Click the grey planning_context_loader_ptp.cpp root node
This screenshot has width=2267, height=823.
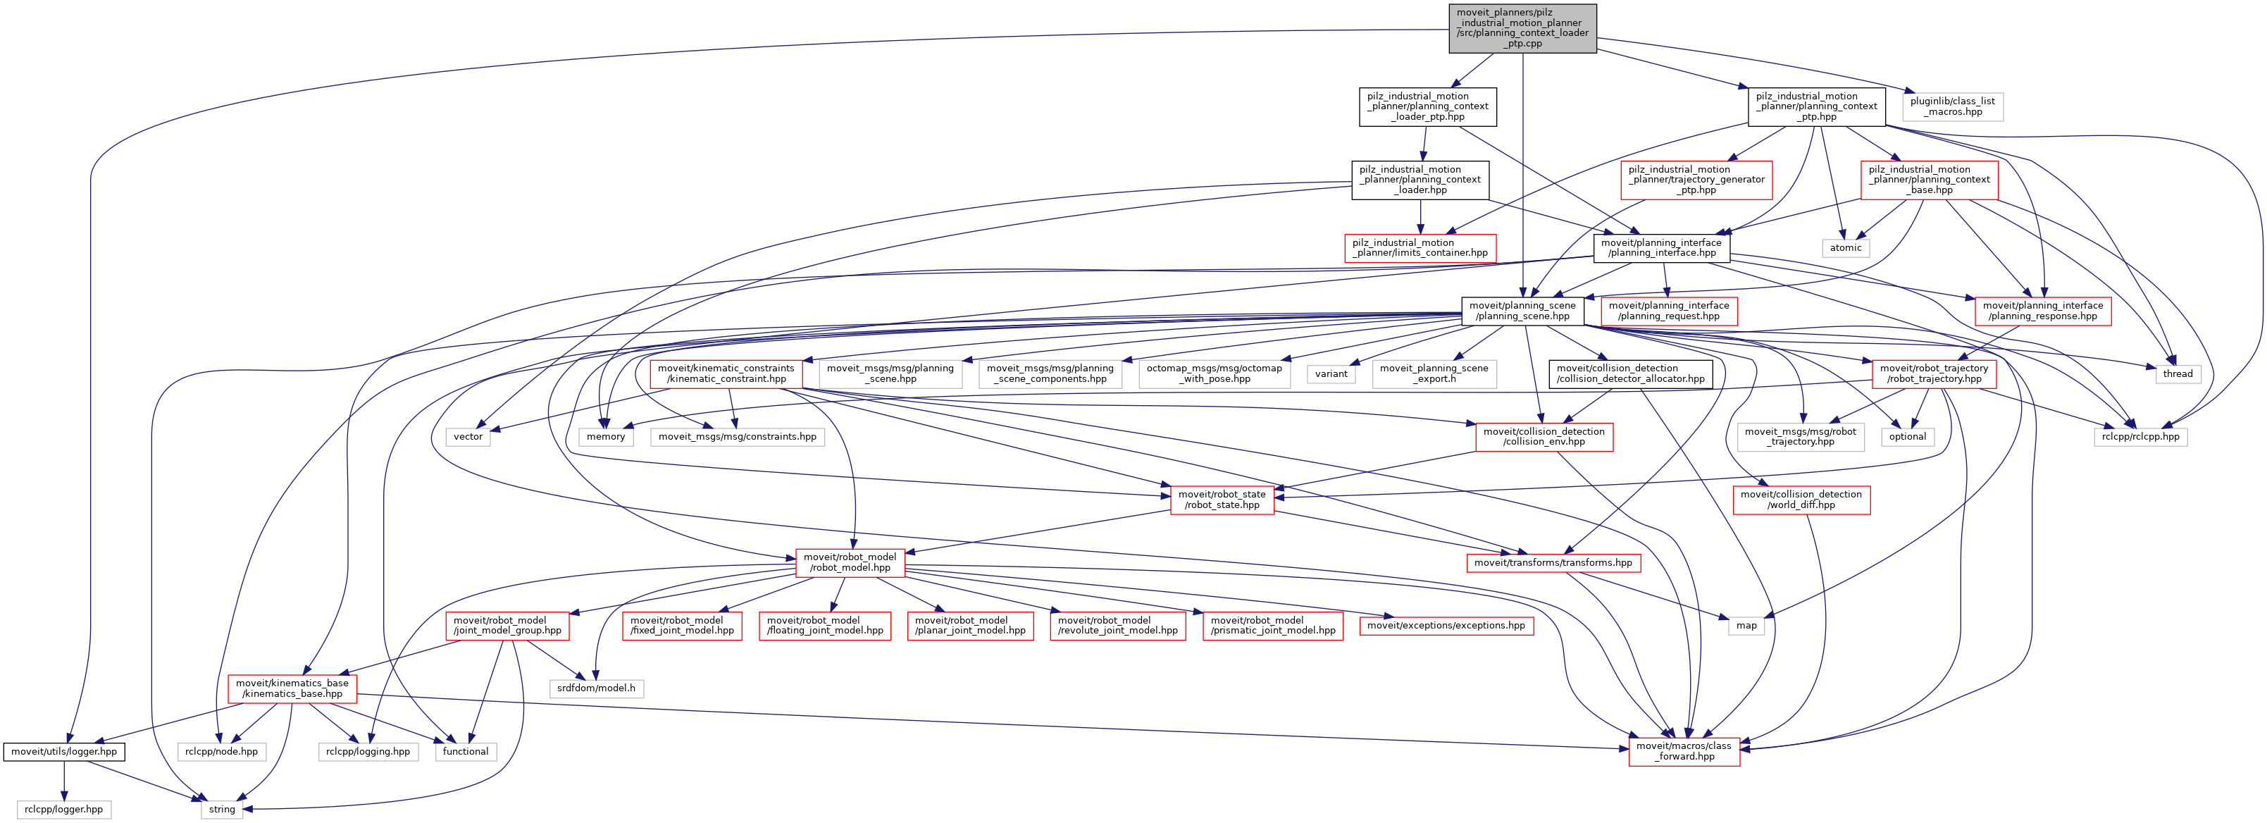[1522, 28]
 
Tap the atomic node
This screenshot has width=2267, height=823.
[1846, 247]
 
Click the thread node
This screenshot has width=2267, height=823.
[2178, 373]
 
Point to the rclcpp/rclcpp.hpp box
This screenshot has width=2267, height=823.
[2140, 437]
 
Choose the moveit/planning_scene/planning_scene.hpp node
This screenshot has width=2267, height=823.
[1522, 311]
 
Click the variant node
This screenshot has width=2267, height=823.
[1331, 373]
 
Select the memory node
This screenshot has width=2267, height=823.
[605, 437]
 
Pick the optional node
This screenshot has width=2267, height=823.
[1907, 437]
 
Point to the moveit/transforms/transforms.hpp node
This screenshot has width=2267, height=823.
[1553, 562]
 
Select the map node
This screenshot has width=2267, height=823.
[1746, 626]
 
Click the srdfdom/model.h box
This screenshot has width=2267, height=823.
[596, 688]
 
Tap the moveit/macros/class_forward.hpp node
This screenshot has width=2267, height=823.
[1684, 751]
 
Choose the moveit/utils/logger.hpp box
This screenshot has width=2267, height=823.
[64, 752]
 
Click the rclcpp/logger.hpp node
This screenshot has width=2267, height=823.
[63, 809]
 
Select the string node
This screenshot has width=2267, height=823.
[222, 809]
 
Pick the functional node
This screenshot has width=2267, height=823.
[466, 752]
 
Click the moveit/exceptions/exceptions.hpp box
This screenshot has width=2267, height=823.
[1446, 626]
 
